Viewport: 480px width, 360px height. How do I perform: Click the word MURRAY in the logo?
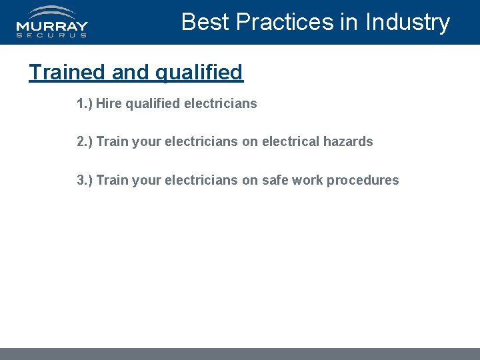pyautogui.click(x=52, y=27)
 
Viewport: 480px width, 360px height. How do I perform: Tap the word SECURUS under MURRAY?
pyautogui.click(x=52, y=36)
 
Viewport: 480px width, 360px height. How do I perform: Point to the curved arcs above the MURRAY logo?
pyautogui.click(x=53, y=12)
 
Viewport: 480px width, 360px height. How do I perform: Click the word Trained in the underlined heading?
pyautogui.click(x=67, y=72)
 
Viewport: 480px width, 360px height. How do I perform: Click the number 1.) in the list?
pyautogui.click(x=85, y=103)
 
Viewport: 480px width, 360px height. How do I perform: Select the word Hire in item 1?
pyautogui.click(x=108, y=103)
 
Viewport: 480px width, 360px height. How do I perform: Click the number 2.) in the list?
pyautogui.click(x=85, y=141)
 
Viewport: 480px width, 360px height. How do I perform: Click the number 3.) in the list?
pyautogui.click(x=85, y=180)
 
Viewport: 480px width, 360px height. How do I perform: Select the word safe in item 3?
pyautogui.click(x=273, y=180)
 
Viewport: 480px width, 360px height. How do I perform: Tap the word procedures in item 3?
pyautogui.click(x=363, y=180)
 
